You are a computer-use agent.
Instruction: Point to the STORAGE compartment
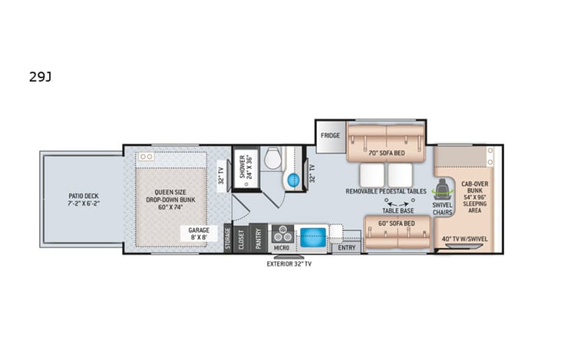tap(228, 239)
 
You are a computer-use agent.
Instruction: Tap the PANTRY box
tap(259, 238)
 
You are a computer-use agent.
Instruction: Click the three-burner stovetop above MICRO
tap(282, 233)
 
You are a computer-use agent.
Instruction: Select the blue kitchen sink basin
tap(313, 236)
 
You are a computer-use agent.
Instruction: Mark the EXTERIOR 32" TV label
tap(289, 264)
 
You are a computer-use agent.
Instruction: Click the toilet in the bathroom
tap(272, 159)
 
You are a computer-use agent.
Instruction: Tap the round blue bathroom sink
tap(292, 180)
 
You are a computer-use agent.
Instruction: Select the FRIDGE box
tap(331, 135)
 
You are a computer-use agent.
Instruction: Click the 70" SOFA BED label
tap(387, 153)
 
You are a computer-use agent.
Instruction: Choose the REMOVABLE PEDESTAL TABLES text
tap(386, 190)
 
